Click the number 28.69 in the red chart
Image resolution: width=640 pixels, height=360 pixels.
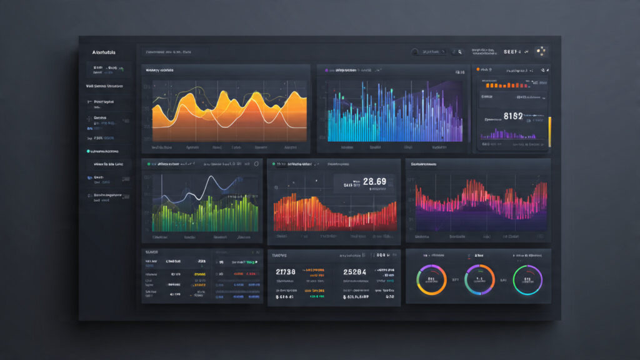[x=374, y=182]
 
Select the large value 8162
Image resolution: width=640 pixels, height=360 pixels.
[x=512, y=116]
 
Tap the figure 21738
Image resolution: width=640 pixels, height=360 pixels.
[x=288, y=272]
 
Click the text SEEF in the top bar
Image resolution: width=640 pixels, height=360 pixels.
[x=512, y=52]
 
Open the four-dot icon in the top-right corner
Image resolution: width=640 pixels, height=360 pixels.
[x=541, y=52]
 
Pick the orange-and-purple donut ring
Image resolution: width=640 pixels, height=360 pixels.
[x=431, y=279]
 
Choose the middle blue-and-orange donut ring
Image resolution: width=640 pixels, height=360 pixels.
[x=479, y=279]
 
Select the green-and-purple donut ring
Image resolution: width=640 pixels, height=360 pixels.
[x=527, y=279]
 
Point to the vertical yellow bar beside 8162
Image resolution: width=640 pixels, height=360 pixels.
[x=549, y=131]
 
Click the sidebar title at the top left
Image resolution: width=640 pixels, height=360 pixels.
[x=104, y=52]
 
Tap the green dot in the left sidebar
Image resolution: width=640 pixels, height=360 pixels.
[x=88, y=151]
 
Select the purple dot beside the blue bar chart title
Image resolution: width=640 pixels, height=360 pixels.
[x=326, y=71]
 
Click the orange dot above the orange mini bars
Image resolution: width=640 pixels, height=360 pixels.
[x=478, y=69]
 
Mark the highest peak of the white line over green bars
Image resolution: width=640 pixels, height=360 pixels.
[x=212, y=178]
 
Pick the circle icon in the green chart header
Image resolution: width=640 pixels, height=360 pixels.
[x=256, y=164]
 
